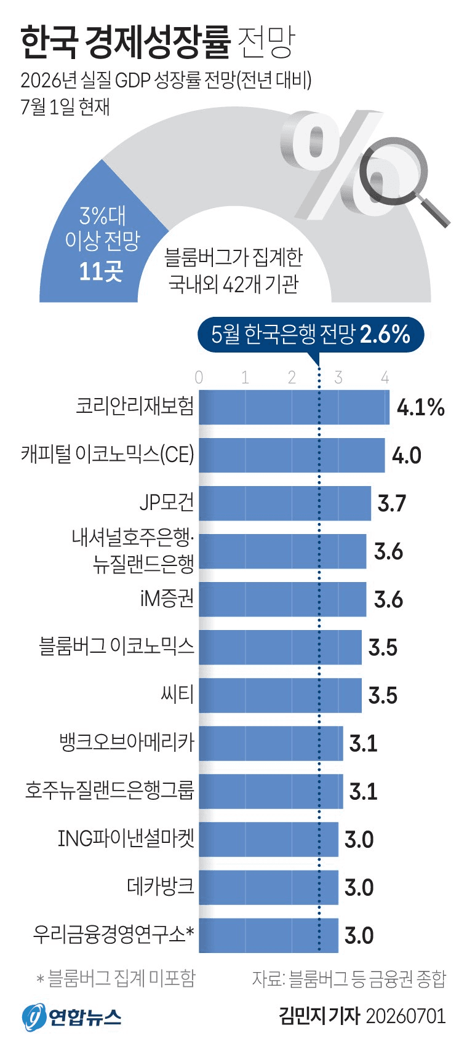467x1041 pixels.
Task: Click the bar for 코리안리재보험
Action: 294,407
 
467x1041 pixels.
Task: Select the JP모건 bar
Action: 285,503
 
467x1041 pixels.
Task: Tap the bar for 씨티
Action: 280,695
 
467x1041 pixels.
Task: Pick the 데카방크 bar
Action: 269,887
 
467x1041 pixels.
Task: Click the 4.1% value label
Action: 420,407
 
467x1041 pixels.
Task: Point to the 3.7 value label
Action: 392,503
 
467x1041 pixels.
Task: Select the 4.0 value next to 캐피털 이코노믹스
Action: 407,455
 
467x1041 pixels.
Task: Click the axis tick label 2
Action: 292,377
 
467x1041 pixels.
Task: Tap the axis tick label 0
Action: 199,377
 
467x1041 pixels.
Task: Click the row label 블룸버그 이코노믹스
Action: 116,647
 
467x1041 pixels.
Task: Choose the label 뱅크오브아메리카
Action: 126,742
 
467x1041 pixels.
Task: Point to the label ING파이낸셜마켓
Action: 126,838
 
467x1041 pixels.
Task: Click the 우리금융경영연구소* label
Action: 113,934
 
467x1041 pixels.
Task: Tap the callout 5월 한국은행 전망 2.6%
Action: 311,335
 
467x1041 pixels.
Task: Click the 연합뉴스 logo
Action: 71,1016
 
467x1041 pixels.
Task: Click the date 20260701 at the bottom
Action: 406,1016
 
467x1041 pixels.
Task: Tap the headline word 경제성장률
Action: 158,42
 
